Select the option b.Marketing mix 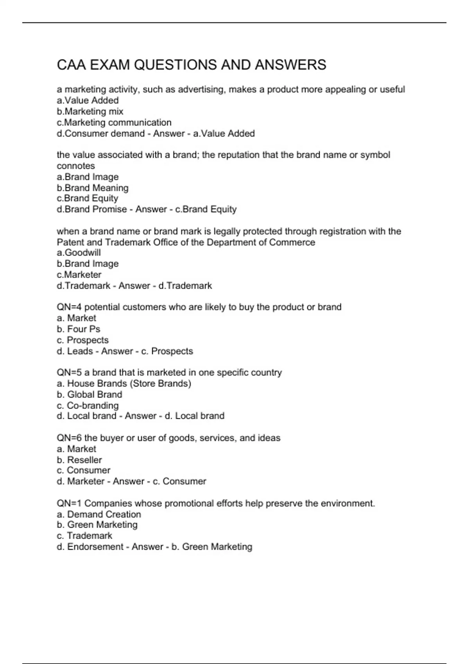pos(90,111)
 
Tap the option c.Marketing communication pos(114,122)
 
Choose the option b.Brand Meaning pos(93,188)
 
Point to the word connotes pos(76,166)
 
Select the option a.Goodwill pos(79,253)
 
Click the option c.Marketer pos(79,275)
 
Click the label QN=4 pos(69,307)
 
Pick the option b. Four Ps pos(78,329)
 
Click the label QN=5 pos(69,373)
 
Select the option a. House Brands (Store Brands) pos(124,384)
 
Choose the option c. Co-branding pos(88,405)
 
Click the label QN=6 pos(69,438)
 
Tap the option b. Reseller pos(79,460)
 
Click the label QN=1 pos(69,503)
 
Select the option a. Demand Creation pos(98,514)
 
